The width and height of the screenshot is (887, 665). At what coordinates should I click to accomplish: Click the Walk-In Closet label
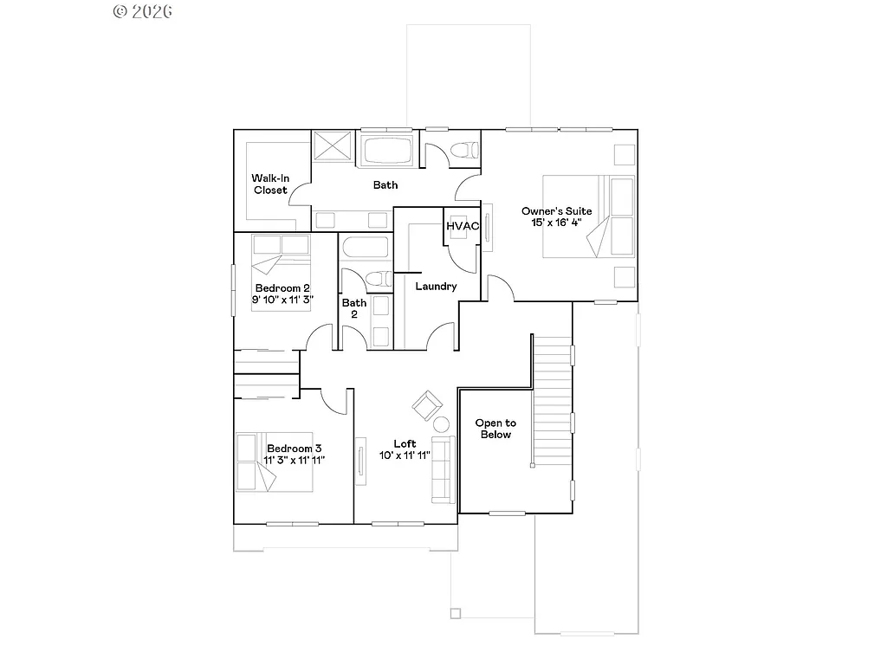pos(270,184)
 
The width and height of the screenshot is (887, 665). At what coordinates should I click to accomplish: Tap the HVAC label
pos(463,226)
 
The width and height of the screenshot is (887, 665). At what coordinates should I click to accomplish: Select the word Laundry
pos(436,287)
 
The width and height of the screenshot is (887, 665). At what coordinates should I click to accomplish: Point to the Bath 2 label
pos(353,309)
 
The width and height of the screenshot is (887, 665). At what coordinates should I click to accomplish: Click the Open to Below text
pos(495,429)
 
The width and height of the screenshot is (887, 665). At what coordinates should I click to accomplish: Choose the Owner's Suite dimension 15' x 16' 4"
pos(557,223)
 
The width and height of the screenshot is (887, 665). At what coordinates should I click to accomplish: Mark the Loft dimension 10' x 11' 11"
pos(405,455)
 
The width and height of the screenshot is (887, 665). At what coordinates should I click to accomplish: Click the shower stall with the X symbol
pos(332,145)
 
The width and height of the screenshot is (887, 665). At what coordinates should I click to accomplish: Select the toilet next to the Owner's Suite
pos(465,149)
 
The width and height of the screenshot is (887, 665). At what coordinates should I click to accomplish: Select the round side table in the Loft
pos(441,424)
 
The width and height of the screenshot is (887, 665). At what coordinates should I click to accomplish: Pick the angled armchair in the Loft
pos(426,404)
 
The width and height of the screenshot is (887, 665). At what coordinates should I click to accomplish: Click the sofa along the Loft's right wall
pos(443,469)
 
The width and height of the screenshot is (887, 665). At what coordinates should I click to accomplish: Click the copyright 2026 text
pos(143,11)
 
